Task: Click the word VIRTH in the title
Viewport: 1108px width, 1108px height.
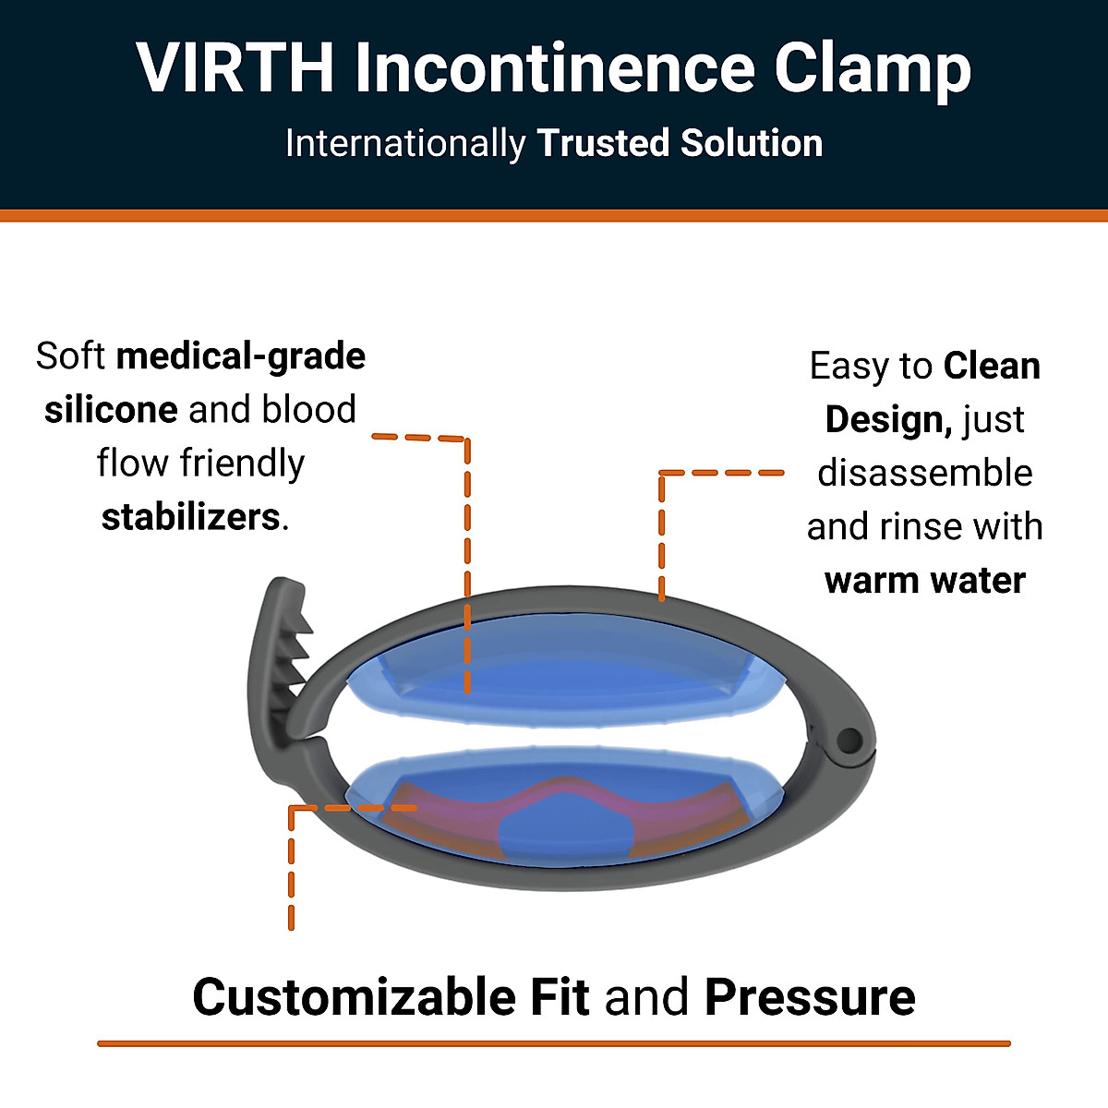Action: (x=235, y=68)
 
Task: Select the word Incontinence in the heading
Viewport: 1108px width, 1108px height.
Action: (x=554, y=68)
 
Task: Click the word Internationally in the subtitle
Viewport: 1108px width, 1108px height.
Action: (x=404, y=144)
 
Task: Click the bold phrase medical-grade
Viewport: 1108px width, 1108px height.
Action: (x=241, y=356)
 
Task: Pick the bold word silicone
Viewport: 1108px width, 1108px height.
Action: (x=111, y=410)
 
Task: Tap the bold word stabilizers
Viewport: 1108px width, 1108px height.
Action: (x=190, y=517)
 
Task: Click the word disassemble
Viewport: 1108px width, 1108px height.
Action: (x=924, y=473)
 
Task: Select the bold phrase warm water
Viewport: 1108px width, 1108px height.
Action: (x=924, y=581)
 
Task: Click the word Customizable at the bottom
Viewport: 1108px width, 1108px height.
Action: (x=356, y=997)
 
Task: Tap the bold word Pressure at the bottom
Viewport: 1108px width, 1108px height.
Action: (x=810, y=997)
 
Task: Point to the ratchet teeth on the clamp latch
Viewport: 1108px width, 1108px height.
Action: (x=297, y=651)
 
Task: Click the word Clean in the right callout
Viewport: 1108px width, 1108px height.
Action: (x=992, y=367)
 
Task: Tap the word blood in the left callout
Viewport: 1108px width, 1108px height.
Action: (x=307, y=410)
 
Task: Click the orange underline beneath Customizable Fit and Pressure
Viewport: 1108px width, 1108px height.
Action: (x=554, y=1043)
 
